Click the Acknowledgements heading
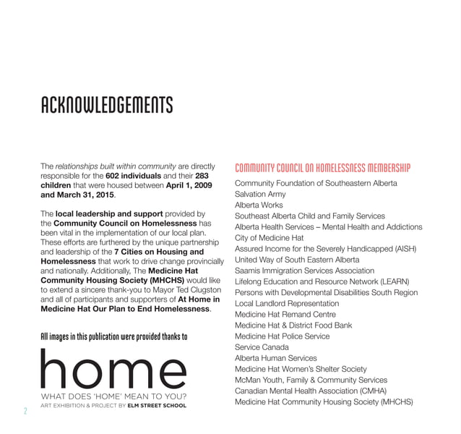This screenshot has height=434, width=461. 106,106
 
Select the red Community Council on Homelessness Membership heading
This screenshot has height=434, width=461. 322,169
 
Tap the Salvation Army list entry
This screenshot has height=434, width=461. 260,195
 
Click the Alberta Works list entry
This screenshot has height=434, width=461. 259,205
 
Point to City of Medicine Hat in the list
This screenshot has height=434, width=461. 270,238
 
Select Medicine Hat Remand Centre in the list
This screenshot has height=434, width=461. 285,315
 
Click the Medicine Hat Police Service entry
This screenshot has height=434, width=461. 282,336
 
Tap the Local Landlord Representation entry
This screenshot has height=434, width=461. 287,304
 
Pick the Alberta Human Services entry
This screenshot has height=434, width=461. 275,358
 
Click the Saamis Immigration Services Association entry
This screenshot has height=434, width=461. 304,271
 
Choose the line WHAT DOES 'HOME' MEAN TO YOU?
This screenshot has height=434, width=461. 114,396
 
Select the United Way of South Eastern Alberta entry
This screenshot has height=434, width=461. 297,260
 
